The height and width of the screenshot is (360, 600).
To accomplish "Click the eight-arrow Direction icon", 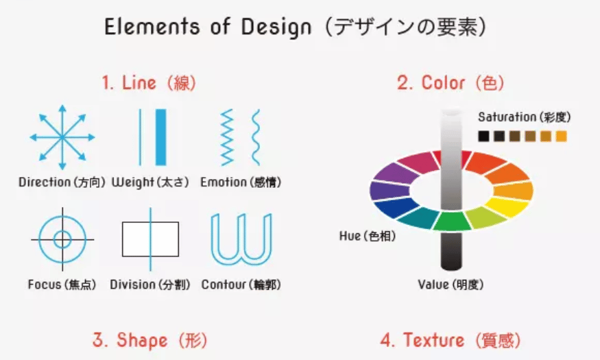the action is click(x=62, y=137).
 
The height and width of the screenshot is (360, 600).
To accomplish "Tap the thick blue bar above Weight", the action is click(x=161, y=137).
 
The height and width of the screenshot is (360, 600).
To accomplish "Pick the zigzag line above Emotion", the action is click(x=227, y=137).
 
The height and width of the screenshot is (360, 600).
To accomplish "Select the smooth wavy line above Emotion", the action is click(x=256, y=137).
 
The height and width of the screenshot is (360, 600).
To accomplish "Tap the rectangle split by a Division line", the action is click(x=150, y=239).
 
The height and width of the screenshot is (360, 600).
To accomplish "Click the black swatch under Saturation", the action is click(x=483, y=136).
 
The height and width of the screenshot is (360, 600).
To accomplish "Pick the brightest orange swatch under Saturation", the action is click(x=561, y=136).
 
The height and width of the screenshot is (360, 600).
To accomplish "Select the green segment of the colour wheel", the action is click(x=452, y=221).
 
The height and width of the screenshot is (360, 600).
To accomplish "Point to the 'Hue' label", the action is click(x=350, y=236).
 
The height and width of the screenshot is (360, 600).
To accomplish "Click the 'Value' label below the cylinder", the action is click(x=433, y=285).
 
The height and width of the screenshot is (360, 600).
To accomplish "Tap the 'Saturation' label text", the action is click(x=507, y=117).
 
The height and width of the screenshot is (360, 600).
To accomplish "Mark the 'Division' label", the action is click(x=132, y=285).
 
